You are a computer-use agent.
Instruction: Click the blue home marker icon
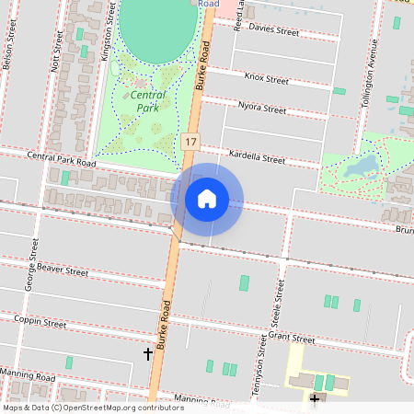coord(207,199)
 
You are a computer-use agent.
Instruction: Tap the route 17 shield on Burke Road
coord(190,142)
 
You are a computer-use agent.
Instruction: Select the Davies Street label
coord(273,30)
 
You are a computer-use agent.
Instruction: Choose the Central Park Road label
coord(62,160)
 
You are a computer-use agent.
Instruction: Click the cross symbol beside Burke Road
coord(147,353)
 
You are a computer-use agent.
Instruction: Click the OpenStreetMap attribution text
coord(93,407)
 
